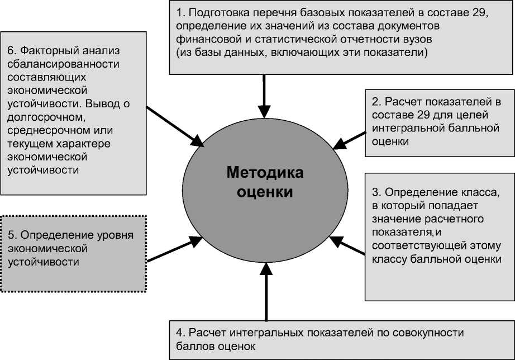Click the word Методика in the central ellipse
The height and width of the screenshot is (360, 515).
pos(265,173)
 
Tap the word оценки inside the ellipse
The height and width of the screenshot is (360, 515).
pos(265,192)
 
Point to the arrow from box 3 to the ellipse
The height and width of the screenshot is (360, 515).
pos(346,247)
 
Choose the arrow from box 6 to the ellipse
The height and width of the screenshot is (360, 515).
pos(175,125)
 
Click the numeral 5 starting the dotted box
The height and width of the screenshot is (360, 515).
pos(11,235)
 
